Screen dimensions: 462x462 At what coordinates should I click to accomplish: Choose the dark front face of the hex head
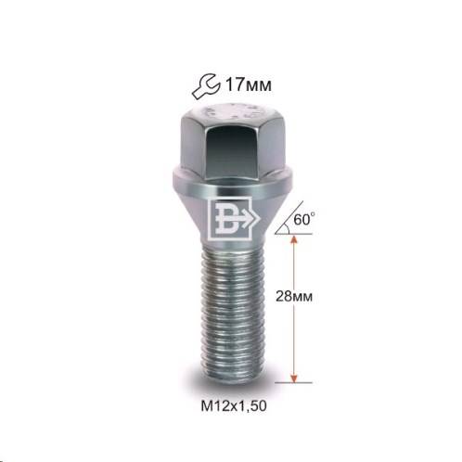[230, 147]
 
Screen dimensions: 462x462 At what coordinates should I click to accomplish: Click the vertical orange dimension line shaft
[295, 306]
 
